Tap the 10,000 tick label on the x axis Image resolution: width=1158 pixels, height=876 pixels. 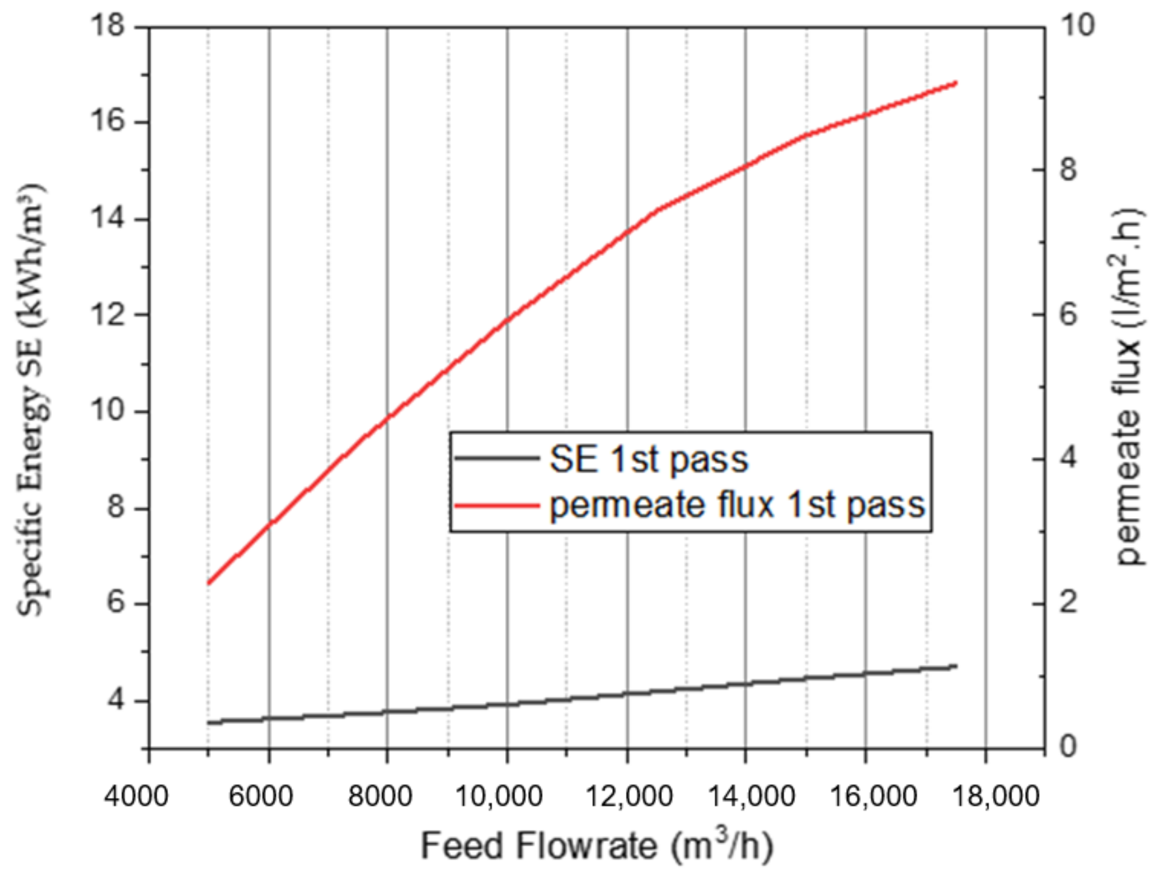pyautogui.click(x=499, y=796)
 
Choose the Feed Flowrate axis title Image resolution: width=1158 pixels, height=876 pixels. pyautogui.click(x=597, y=846)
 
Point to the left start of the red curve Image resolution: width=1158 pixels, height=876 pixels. pyautogui.click(x=208, y=583)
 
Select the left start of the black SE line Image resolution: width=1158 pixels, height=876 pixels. pyautogui.click(x=208, y=722)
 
